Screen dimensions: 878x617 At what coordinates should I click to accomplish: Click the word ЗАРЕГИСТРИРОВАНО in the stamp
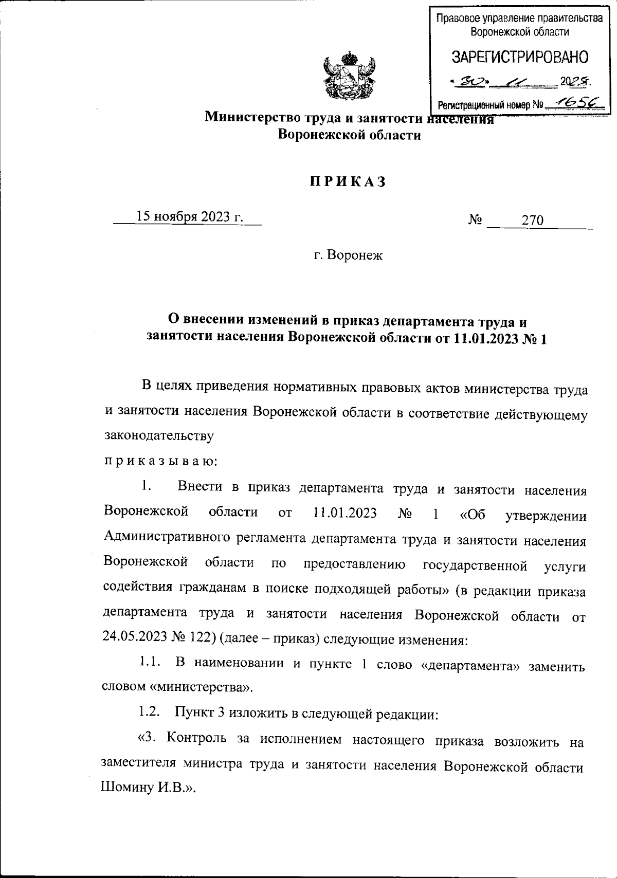519,57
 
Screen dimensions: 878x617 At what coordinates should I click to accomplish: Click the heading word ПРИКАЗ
348,182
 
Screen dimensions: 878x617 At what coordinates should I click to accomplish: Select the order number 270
532,221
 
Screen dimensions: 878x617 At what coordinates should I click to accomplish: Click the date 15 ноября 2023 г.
189,217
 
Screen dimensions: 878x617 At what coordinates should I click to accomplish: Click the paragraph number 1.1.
150,663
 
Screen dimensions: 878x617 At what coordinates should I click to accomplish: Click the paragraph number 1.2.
150,713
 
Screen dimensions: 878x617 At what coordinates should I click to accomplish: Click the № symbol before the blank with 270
475,221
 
